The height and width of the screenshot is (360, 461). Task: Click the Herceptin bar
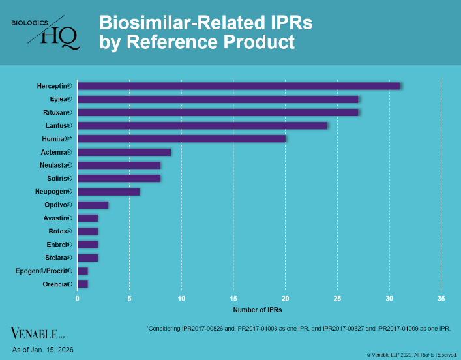[x=239, y=86]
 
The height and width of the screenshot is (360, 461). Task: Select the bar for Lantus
[x=202, y=125]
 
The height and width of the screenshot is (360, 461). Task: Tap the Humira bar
[x=181, y=138]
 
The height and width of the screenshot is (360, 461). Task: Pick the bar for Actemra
[x=124, y=152]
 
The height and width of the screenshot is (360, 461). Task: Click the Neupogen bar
[x=108, y=192]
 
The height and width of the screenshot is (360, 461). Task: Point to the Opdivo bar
[x=93, y=205]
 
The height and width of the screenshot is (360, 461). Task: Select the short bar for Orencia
[x=83, y=284]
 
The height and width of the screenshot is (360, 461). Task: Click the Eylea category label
[x=61, y=99]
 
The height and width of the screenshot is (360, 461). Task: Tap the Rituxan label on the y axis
[x=57, y=112]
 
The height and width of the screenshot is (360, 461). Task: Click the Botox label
[x=60, y=231]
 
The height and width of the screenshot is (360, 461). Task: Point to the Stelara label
[x=59, y=258]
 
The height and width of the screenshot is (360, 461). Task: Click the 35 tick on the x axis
[x=441, y=299]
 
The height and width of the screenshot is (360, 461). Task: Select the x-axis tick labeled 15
[x=233, y=299]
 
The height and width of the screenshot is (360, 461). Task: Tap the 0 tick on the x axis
[x=78, y=299]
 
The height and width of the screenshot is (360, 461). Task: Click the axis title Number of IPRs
[x=258, y=309]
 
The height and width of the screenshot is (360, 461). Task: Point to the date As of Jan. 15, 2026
[x=42, y=350]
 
